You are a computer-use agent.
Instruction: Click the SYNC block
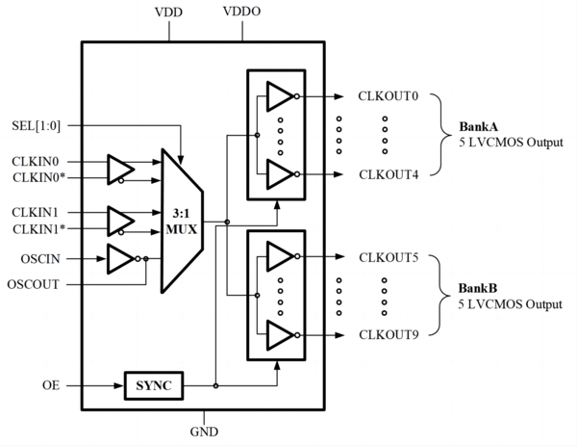click(x=154, y=385)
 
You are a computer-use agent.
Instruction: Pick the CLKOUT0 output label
click(x=389, y=96)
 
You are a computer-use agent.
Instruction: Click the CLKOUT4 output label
click(x=389, y=173)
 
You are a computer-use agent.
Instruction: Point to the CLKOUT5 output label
click(x=389, y=257)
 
